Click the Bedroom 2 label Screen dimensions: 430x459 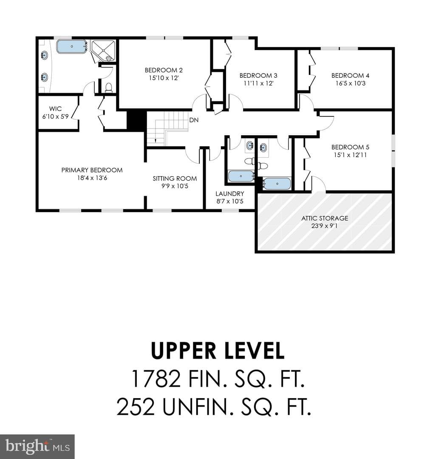[x=164, y=70]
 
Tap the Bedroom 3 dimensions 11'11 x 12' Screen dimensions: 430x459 [x=258, y=83]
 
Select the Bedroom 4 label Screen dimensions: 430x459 [x=351, y=76]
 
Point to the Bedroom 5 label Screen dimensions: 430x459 [x=351, y=147]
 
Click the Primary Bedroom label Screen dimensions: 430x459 [x=92, y=170]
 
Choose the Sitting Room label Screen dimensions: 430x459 [x=175, y=178]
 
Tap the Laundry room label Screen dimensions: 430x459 [x=230, y=193]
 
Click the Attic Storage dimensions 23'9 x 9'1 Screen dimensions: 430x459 [x=325, y=226]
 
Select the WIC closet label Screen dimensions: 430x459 [x=55, y=109]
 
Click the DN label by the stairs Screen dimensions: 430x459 [x=194, y=120]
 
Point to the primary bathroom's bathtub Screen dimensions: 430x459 [x=72, y=47]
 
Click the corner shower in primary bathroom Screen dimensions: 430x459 [x=103, y=50]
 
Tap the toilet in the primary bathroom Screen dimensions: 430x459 [x=109, y=88]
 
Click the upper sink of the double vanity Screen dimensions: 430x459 [x=45, y=55]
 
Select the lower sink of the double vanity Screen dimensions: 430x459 [x=45, y=77]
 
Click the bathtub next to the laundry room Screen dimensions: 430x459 [x=241, y=176]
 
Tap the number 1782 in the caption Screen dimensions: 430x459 [x=156, y=379]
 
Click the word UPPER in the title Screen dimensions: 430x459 [x=183, y=350]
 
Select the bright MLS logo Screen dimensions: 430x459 [x=37, y=447]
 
